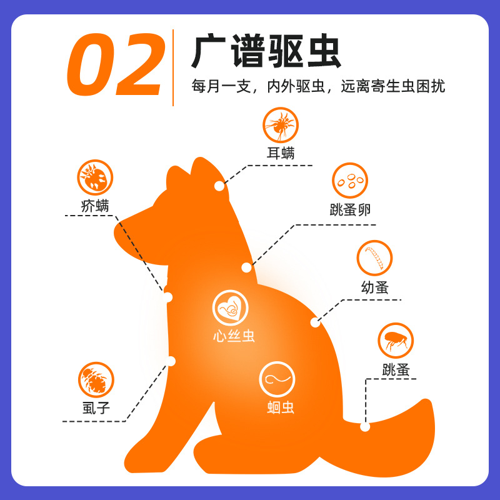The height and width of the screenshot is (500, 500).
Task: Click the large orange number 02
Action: click(x=116, y=68)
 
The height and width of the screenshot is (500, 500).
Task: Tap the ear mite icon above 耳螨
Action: click(x=280, y=125)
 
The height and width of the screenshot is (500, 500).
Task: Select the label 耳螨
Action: click(x=280, y=152)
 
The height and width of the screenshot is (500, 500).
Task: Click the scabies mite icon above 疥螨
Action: click(x=95, y=177)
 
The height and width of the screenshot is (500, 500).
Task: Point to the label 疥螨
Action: click(x=95, y=205)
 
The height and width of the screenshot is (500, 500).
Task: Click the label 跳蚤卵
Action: click(x=349, y=210)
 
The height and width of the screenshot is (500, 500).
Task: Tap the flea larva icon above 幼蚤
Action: click(x=375, y=258)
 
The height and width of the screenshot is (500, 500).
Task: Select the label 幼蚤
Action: click(x=375, y=287)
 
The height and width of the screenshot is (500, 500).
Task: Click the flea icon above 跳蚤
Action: click(x=396, y=341)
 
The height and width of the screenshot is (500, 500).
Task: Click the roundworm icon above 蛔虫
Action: click(x=277, y=379)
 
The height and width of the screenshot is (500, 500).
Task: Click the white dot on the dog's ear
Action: click(x=219, y=186)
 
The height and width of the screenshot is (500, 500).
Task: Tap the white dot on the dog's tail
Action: click(x=365, y=427)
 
